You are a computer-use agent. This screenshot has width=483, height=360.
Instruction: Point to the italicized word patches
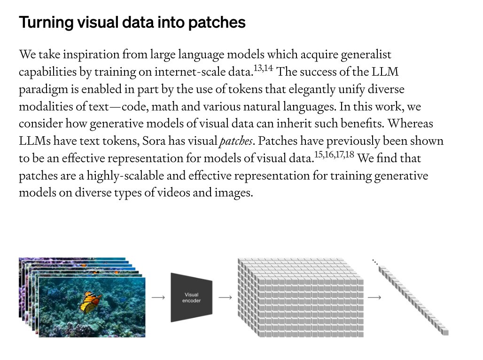[236, 141]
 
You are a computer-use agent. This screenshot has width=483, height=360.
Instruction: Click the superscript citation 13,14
[264, 68]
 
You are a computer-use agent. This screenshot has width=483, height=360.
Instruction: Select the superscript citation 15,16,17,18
[334, 155]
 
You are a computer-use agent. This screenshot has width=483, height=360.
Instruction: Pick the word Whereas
[410, 124]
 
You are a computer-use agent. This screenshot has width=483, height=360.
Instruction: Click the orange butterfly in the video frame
[90, 302]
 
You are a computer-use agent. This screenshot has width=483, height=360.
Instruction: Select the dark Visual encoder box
[192, 297]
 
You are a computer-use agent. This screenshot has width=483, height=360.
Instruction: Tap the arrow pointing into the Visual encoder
[158, 297]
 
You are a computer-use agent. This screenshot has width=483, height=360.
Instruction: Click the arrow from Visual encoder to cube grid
[225, 297]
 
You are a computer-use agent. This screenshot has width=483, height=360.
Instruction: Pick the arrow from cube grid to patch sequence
[374, 297]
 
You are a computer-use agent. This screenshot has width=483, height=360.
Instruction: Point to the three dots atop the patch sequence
[375, 262]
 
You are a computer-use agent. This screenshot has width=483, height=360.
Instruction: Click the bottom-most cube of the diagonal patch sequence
[445, 332]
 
